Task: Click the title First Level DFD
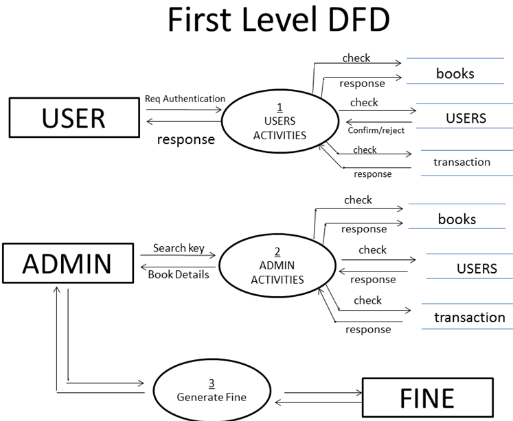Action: pyautogui.click(x=277, y=22)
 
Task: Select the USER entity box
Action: pyautogui.click(x=73, y=117)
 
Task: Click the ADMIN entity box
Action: pyautogui.click(x=67, y=263)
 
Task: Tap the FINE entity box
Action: pyautogui.click(x=427, y=398)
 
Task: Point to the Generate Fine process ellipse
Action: pyautogui.click(x=211, y=391)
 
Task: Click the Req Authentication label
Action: pyautogui.click(x=185, y=99)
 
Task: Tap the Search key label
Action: pyautogui.click(x=179, y=248)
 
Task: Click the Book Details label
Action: pyautogui.click(x=179, y=274)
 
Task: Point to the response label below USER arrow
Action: pyautogui.click(x=185, y=139)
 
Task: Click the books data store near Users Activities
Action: pyautogui.click(x=455, y=73)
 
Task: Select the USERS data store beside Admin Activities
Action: pyautogui.click(x=476, y=268)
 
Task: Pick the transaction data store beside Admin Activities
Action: pyautogui.click(x=469, y=317)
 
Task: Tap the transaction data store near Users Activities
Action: pyautogui.click(x=461, y=163)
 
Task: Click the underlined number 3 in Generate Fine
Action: pyautogui.click(x=212, y=383)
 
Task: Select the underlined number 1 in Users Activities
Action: pyautogui.click(x=280, y=106)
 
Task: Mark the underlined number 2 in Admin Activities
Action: pyautogui.click(x=277, y=252)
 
